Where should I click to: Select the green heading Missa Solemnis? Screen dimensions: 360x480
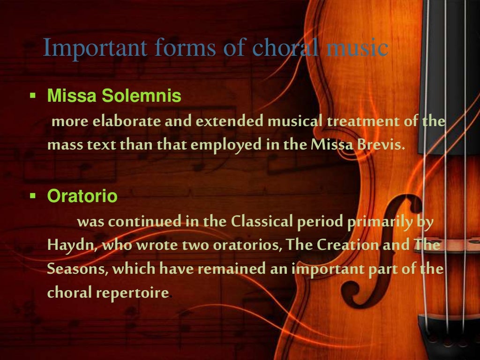tap(114, 97)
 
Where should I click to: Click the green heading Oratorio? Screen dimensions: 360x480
tap(82, 196)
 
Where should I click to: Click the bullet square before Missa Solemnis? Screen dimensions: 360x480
tap(32, 97)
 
